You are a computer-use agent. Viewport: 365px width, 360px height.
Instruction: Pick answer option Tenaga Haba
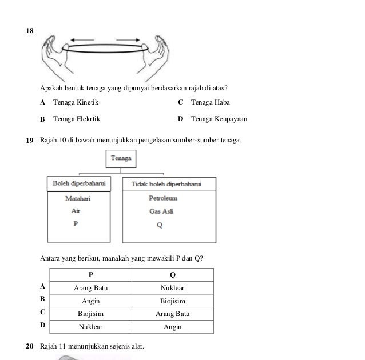coord(211,103)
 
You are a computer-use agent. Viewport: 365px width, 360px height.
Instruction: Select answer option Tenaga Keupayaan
coord(219,119)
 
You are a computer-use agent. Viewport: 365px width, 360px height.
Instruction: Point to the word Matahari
coord(78,198)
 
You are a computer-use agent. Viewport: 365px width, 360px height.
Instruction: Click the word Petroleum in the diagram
coord(163,198)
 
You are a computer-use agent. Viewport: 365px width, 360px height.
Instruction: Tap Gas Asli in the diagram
coord(161,211)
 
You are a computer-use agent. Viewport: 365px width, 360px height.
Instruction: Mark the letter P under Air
coord(76,225)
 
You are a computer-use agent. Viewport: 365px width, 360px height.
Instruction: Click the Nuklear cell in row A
coord(172,288)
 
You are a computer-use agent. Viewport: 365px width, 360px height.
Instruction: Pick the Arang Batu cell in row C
coord(172,314)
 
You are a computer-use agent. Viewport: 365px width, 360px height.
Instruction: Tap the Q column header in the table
coord(172,275)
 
